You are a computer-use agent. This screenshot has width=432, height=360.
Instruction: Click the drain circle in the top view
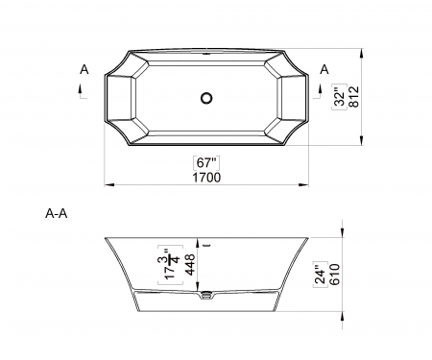click(x=206, y=98)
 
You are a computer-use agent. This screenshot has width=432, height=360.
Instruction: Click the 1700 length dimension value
click(x=206, y=178)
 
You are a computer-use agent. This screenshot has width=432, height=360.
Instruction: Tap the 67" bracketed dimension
click(x=207, y=163)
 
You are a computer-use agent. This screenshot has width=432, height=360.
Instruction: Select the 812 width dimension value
click(x=354, y=97)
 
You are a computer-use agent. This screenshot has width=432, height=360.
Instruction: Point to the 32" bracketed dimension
click(x=340, y=97)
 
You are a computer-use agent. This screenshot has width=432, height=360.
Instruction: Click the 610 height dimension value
click(x=334, y=275)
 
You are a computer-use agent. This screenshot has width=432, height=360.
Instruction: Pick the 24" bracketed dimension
click(x=320, y=275)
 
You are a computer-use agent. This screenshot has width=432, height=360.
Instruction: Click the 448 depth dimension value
click(x=191, y=265)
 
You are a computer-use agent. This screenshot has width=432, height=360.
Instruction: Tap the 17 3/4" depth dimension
click(x=171, y=265)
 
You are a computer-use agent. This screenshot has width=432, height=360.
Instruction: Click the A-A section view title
click(x=57, y=213)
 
